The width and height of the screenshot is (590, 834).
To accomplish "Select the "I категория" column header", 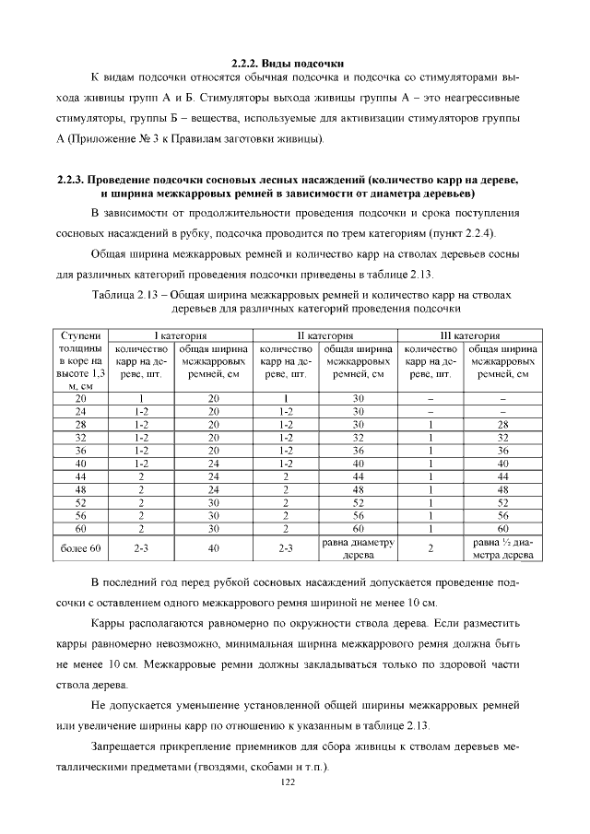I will pos(181,336).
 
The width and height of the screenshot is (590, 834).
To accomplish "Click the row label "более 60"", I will pos(81,549).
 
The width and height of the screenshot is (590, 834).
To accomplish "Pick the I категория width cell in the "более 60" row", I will pos(214,549).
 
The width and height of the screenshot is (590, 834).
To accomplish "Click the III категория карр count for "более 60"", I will pos(431,549).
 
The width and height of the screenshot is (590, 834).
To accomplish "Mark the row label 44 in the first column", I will pos(81,476).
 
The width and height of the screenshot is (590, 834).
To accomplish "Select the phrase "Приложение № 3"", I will pos(104,139).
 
